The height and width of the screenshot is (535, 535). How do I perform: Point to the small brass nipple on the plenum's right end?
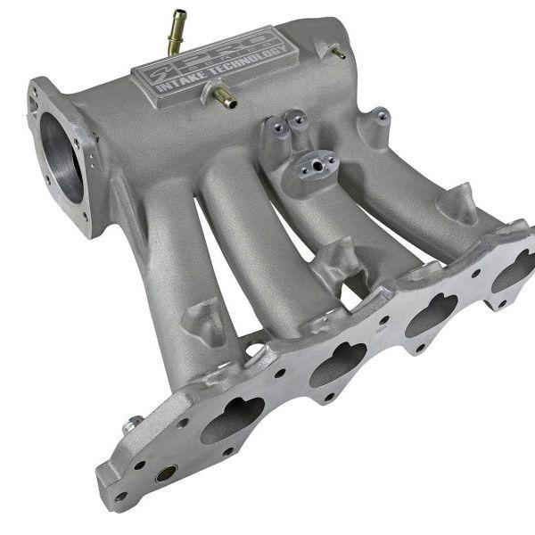click(x=338, y=53)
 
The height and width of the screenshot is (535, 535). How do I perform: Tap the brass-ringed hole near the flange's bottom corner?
click(x=166, y=473)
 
